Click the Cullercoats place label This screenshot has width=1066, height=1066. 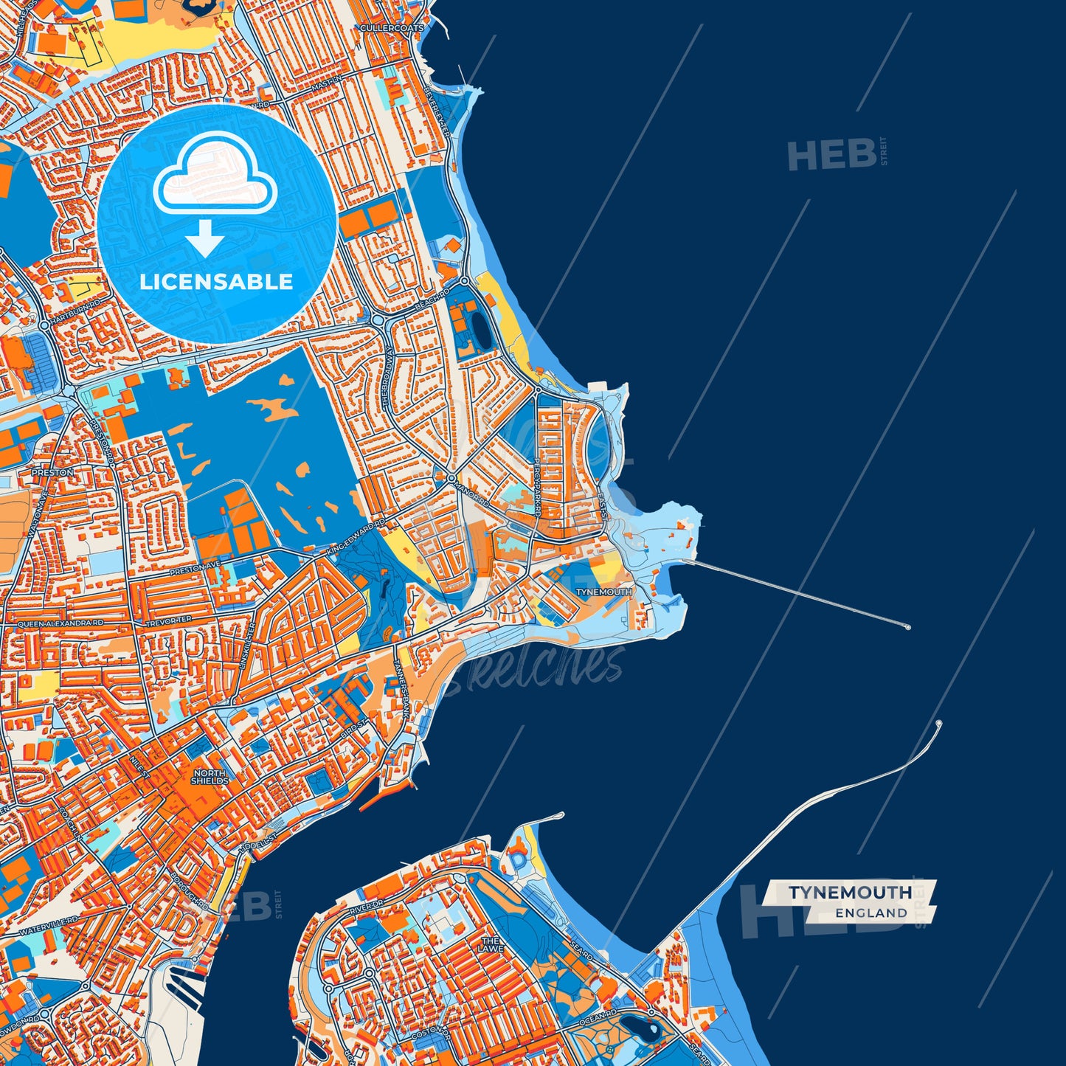point(392,28)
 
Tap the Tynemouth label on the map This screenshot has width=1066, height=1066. point(603,592)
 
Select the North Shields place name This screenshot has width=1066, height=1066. point(210,777)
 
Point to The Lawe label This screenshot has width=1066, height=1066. point(491,944)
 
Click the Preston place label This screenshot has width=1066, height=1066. point(52,472)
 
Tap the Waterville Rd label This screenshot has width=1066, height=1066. point(49,927)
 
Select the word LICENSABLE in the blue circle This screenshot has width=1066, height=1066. point(216,282)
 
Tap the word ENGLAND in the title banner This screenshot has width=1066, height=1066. point(871,913)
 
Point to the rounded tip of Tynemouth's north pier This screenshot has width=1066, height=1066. point(907,627)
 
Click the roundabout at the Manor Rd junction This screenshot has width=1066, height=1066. point(450,478)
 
